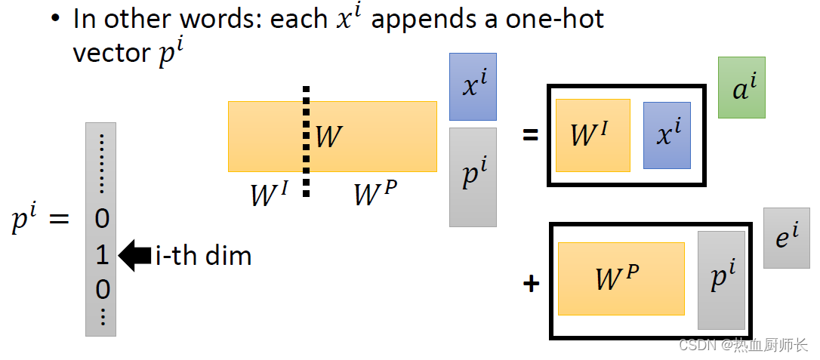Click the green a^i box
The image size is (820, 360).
pyautogui.click(x=741, y=88)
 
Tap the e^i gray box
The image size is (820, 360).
pyautogui.click(x=786, y=238)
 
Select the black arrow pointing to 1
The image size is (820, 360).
pyautogui.click(x=135, y=256)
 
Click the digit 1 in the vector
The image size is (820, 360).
pyautogui.click(x=102, y=256)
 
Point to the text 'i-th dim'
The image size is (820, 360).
pyautogui.click(x=202, y=256)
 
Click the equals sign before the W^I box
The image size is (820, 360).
pyautogui.click(x=531, y=135)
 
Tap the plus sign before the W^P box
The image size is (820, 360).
pyautogui.click(x=532, y=284)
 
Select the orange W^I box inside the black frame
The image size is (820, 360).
pyautogui.click(x=593, y=135)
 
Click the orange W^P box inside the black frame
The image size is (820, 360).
pyautogui.click(x=621, y=278)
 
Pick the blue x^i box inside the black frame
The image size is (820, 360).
pyautogui.click(x=667, y=135)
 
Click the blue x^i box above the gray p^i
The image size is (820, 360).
pyautogui.click(x=473, y=87)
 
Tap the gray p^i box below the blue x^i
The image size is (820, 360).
pyautogui.click(x=473, y=177)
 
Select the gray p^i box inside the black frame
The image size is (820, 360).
pyautogui.click(x=721, y=280)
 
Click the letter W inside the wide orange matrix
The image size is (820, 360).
pyautogui.click(x=328, y=137)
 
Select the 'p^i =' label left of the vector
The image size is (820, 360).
pyautogui.click(x=40, y=220)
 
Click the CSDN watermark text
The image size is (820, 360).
pyautogui.click(x=743, y=346)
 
